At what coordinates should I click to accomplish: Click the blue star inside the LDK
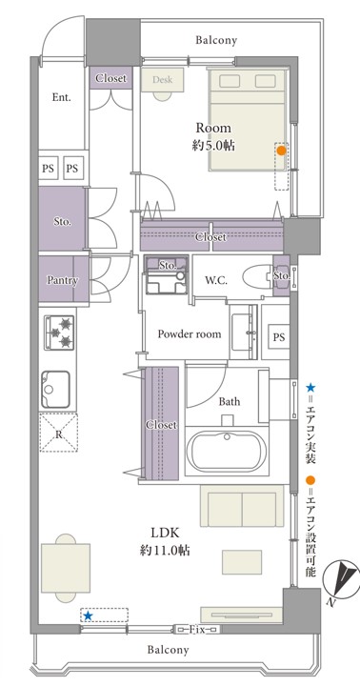89,616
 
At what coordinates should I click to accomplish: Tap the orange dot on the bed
281,151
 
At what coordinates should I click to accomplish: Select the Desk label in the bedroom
162,80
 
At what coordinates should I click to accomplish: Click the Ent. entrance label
62,97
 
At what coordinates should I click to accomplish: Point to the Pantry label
63,280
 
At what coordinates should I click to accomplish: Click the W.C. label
216,280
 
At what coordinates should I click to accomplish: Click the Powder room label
190,334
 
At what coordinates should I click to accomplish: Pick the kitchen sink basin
55,390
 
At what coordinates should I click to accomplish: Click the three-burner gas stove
59,333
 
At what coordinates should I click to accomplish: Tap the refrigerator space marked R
59,433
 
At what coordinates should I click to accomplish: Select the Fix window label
197,630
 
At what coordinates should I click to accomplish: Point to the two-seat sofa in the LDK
242,506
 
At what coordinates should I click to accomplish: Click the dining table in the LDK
66,568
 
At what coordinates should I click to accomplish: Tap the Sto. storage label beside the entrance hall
63,221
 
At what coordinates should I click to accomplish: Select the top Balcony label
216,41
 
